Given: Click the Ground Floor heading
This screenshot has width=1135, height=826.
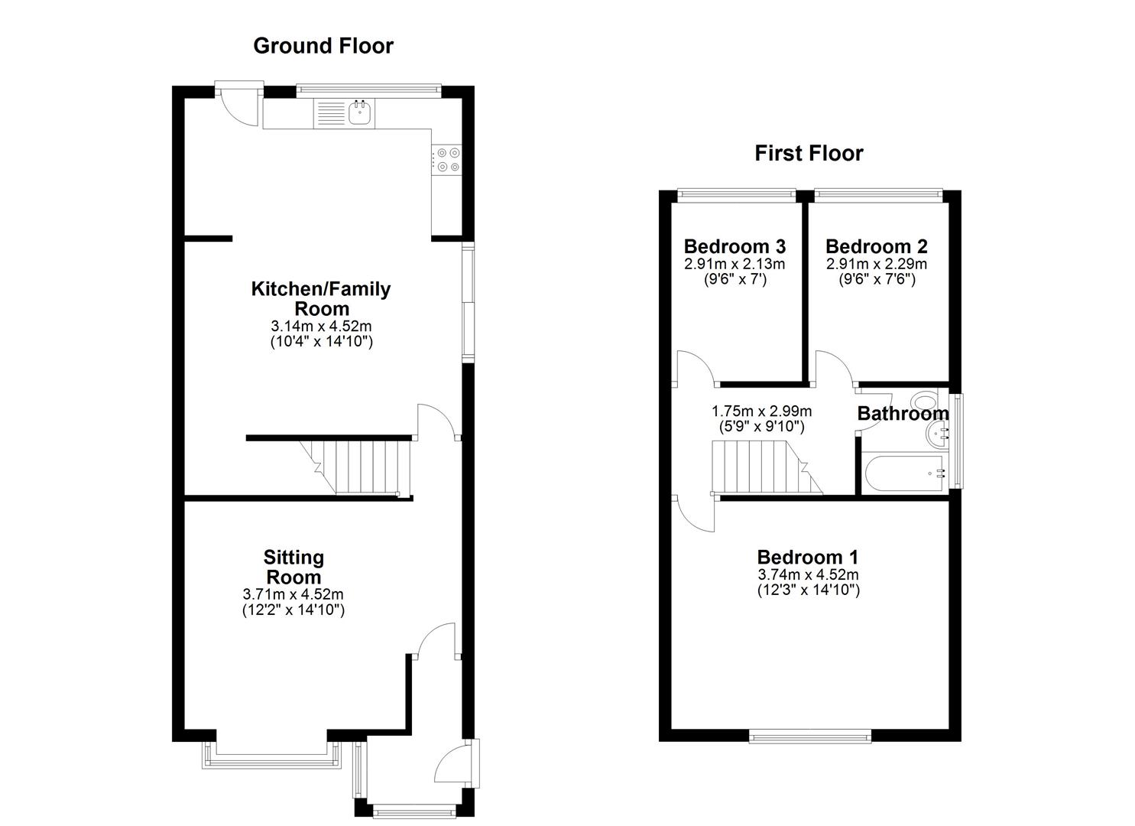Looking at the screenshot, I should click(x=323, y=46).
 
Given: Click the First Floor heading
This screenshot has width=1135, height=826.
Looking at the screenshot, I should click(x=809, y=153).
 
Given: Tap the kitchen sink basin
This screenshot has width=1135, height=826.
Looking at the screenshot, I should click(x=360, y=114).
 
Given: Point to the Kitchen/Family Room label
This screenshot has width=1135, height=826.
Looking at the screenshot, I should click(x=321, y=299).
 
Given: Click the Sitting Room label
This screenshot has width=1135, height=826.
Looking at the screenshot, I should click(x=293, y=567).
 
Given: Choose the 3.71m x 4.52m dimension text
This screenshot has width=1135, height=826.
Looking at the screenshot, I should click(x=293, y=594).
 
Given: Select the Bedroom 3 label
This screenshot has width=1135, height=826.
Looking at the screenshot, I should click(x=735, y=246).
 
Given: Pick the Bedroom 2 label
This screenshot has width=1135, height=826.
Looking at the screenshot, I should click(x=876, y=246).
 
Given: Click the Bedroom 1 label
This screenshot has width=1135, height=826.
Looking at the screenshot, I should click(x=808, y=557).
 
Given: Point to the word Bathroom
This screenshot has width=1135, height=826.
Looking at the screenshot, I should click(x=902, y=414).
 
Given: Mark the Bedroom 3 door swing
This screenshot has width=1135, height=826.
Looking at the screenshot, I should click(x=694, y=367).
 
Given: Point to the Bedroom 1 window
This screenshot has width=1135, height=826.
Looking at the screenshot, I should click(x=809, y=737).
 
